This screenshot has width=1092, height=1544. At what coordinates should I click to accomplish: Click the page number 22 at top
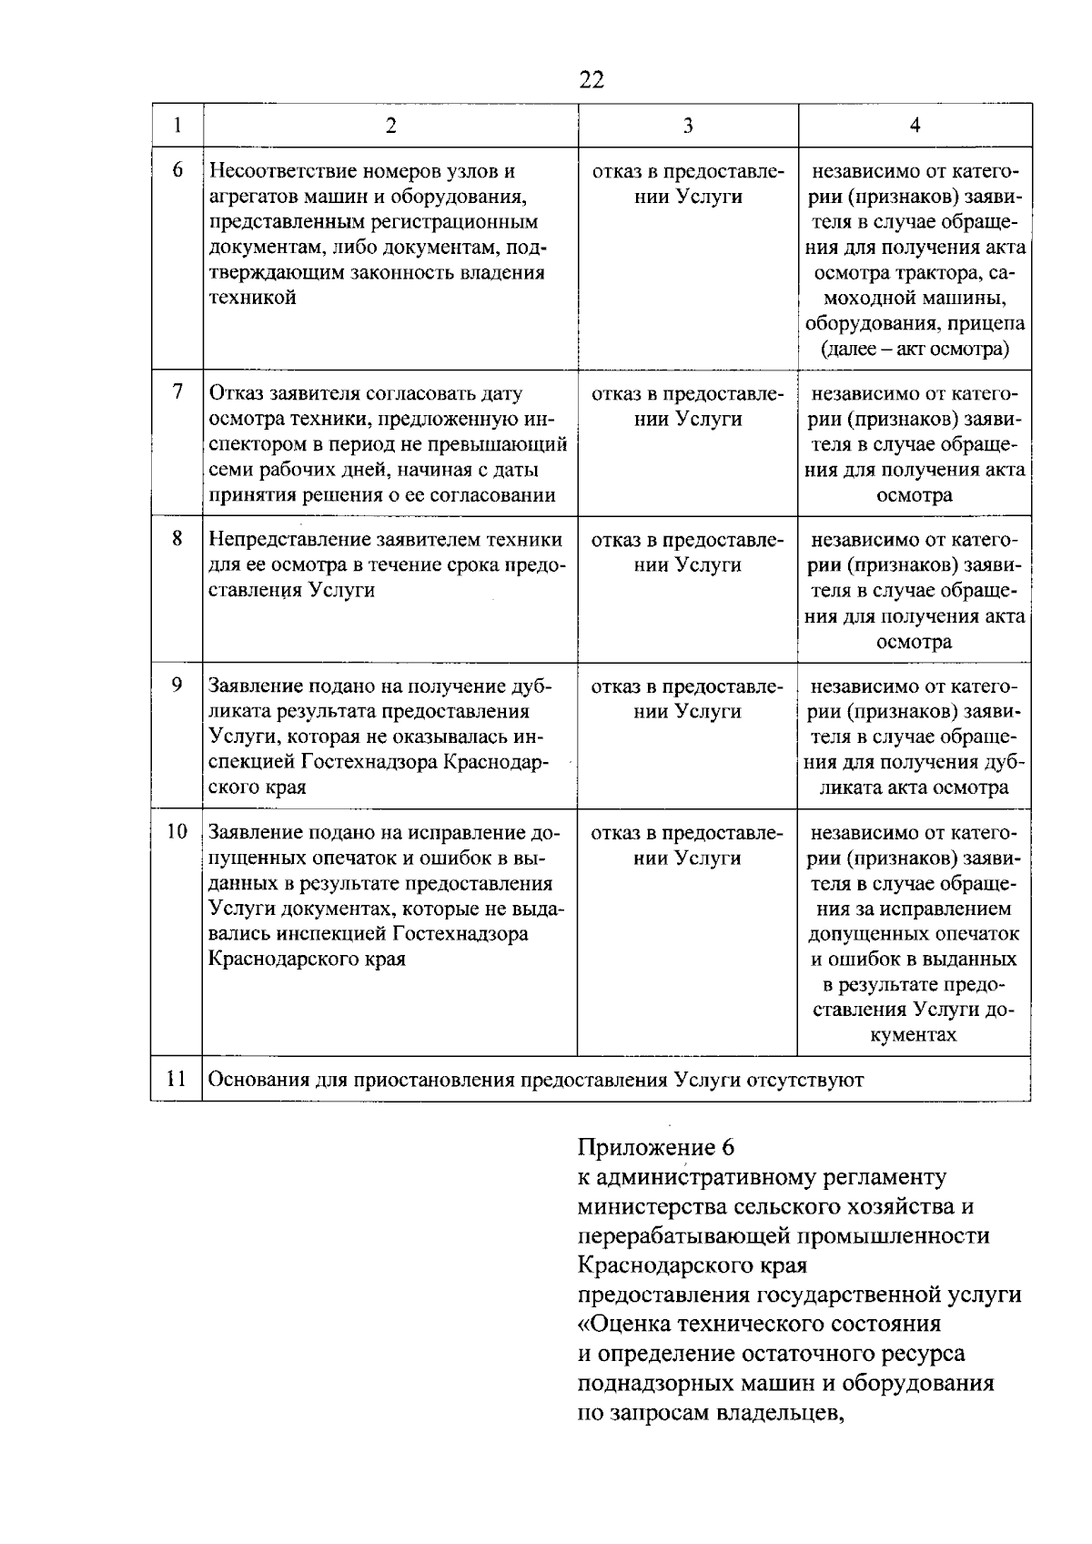click(x=591, y=80)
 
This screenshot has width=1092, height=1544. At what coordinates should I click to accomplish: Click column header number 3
click(x=688, y=126)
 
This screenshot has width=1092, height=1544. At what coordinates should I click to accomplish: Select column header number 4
click(x=915, y=126)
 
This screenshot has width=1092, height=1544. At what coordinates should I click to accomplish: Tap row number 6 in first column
click(x=177, y=170)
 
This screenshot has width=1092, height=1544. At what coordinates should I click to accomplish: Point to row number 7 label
click(x=177, y=392)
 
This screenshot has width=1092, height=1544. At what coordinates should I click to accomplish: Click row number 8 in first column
click(x=177, y=539)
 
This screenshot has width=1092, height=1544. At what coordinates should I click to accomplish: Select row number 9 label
click(x=177, y=686)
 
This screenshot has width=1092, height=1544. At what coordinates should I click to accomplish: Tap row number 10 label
click(x=177, y=832)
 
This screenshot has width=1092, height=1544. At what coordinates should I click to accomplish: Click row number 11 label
click(x=177, y=1079)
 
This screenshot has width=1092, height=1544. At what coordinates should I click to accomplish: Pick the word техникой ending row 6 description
click(x=253, y=298)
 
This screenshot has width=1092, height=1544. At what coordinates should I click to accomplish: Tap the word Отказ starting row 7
click(x=236, y=393)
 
